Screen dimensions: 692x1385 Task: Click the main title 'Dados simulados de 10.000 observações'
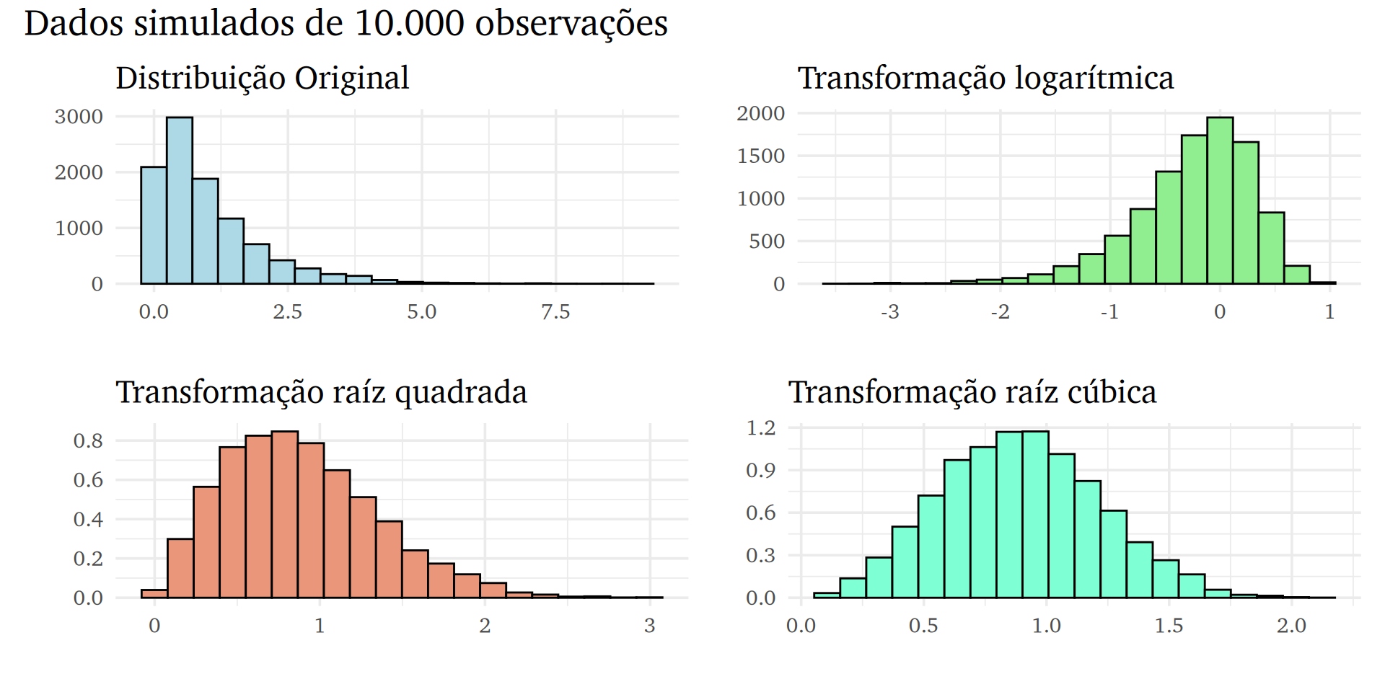[346, 23]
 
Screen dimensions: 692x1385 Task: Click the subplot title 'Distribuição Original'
[262, 78]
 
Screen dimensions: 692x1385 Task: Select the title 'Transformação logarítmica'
[985, 78]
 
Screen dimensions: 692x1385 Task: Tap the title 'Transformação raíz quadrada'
[321, 392]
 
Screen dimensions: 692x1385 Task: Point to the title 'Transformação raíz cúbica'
[972, 392]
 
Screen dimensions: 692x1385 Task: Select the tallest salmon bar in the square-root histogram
[285, 515]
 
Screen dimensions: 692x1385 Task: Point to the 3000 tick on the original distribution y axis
[79, 117]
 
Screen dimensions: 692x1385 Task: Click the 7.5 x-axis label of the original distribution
[555, 312]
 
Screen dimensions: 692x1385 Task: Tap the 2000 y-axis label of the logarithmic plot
[760, 113]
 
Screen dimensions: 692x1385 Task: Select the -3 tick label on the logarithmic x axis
[889, 312]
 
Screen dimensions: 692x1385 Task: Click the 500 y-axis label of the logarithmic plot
[767, 241]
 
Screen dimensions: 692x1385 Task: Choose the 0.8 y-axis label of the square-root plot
[88, 440]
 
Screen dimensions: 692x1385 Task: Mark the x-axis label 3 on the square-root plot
[649, 626]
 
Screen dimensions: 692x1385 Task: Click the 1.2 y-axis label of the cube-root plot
[760, 428]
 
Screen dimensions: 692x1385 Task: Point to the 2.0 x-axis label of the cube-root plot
[1291, 626]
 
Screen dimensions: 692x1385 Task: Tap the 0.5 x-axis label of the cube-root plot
[923, 626]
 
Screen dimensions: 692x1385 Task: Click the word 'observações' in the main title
[571, 23]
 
